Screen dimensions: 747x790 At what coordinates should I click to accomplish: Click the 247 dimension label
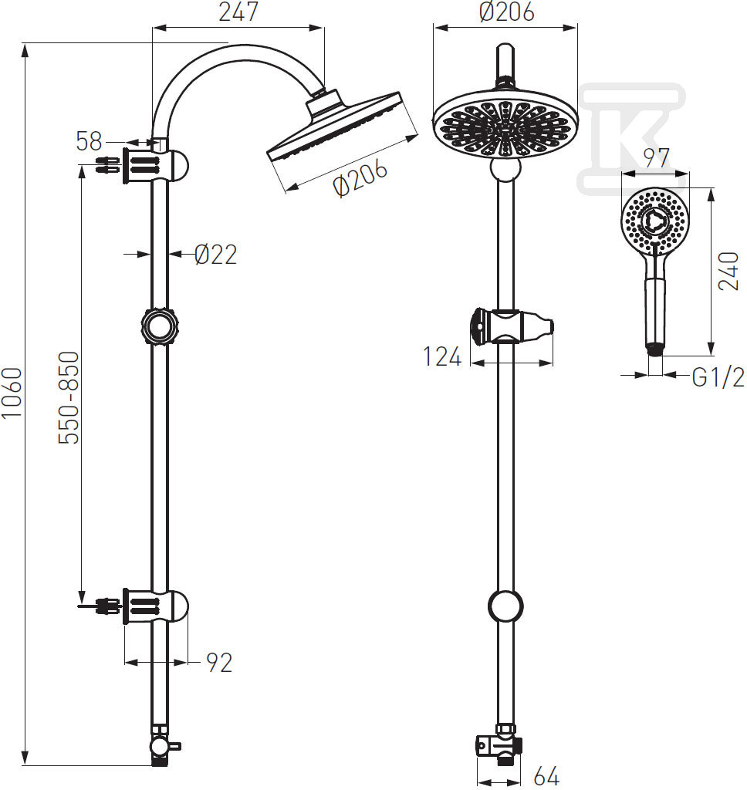[238, 12]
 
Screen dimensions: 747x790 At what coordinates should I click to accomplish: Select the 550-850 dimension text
[69, 397]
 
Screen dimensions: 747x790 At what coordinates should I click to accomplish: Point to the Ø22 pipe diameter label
[216, 255]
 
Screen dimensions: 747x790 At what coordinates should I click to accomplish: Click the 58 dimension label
[90, 141]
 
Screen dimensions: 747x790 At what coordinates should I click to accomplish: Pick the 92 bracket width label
[219, 663]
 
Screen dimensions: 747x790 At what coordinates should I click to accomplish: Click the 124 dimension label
[442, 356]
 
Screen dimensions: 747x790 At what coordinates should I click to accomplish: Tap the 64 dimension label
[546, 776]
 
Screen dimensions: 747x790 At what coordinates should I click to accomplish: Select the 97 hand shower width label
[656, 157]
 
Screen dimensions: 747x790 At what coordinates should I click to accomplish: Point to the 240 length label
[728, 271]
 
